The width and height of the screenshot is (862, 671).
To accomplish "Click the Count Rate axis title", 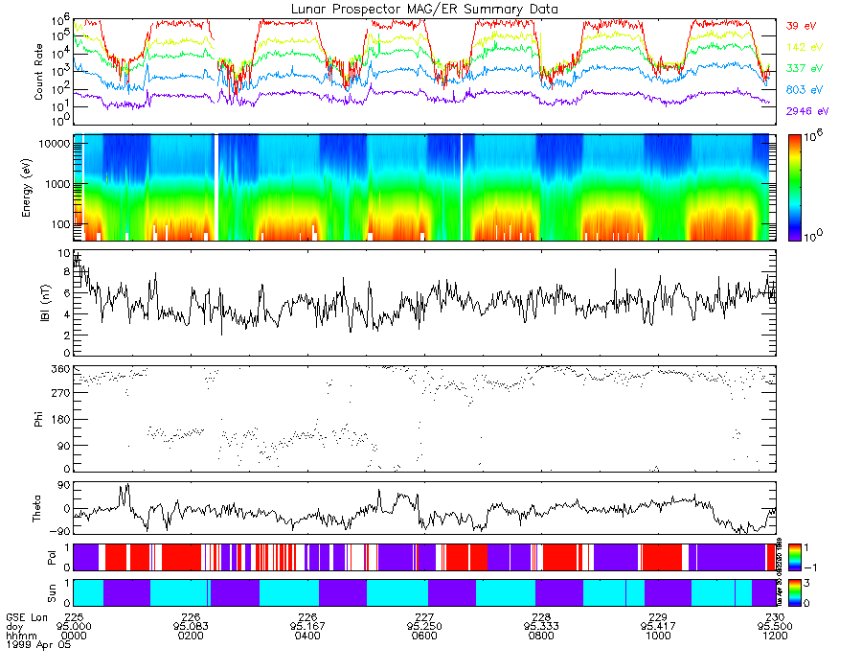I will [39, 73].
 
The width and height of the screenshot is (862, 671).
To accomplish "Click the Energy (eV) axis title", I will [39, 187].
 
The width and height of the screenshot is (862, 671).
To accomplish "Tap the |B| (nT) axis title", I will [39, 303].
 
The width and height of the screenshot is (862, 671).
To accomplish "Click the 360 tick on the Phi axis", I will [59, 369].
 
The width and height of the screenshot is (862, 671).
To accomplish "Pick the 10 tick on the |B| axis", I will [63, 254].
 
